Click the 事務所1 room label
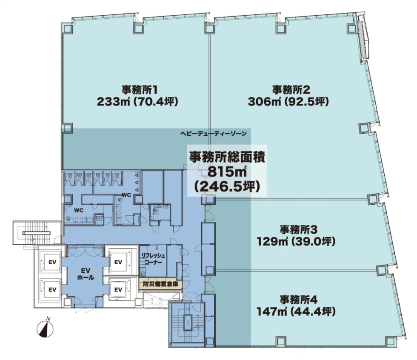click(x=140, y=90)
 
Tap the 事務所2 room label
click(x=291, y=90)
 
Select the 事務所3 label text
click(x=298, y=229)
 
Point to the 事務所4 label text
click(x=298, y=300)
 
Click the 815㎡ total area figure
click(x=227, y=172)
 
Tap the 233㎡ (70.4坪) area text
click(x=137, y=102)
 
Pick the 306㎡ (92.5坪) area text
click(x=288, y=102)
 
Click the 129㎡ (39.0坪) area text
click(x=296, y=241)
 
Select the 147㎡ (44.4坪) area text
click(x=296, y=311)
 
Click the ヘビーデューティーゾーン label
click(x=214, y=134)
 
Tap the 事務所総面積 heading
click(x=227, y=157)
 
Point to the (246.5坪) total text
click(x=227, y=187)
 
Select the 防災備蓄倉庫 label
click(x=160, y=284)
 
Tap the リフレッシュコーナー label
click(x=153, y=259)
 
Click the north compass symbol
click(x=45, y=329)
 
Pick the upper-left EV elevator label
click(x=52, y=262)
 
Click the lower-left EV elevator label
click(x=52, y=289)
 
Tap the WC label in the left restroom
click(x=79, y=211)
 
